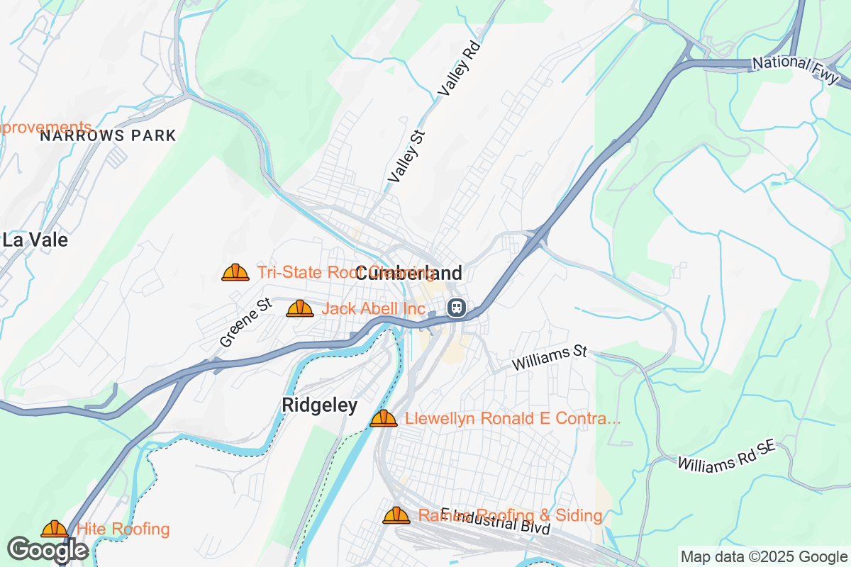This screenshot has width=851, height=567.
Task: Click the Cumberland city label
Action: coord(408,273)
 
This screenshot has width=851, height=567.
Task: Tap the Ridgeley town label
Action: coord(319,405)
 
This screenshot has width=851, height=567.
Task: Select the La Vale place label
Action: coord(35,240)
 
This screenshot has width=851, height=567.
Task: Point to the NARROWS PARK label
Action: coord(107,135)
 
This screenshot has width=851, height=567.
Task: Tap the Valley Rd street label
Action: coord(460,69)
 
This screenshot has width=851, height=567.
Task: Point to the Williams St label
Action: coord(551,358)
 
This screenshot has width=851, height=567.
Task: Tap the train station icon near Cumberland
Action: coord(456,308)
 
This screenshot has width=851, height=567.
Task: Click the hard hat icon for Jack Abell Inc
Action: coord(300,308)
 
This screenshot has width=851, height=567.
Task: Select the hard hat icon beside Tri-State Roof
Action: coord(235,272)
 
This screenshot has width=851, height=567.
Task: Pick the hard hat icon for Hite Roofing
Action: coord(55,529)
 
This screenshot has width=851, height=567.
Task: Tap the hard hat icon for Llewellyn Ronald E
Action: coord(384,418)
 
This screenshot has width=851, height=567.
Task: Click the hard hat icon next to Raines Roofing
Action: coord(396,515)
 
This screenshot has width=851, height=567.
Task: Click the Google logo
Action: coord(48,550)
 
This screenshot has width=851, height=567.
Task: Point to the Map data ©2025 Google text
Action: coord(763,556)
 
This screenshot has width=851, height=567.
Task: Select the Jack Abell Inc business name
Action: coord(374,309)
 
